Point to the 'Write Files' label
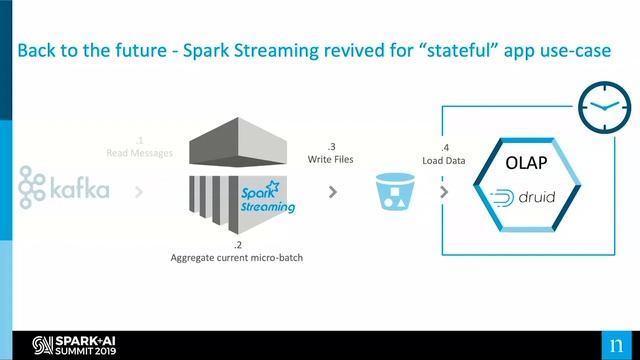tap(329, 159)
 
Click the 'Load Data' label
tap(444, 159)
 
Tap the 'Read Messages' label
tap(140, 153)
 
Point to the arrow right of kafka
tap(138, 190)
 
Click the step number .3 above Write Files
tap(329, 146)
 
